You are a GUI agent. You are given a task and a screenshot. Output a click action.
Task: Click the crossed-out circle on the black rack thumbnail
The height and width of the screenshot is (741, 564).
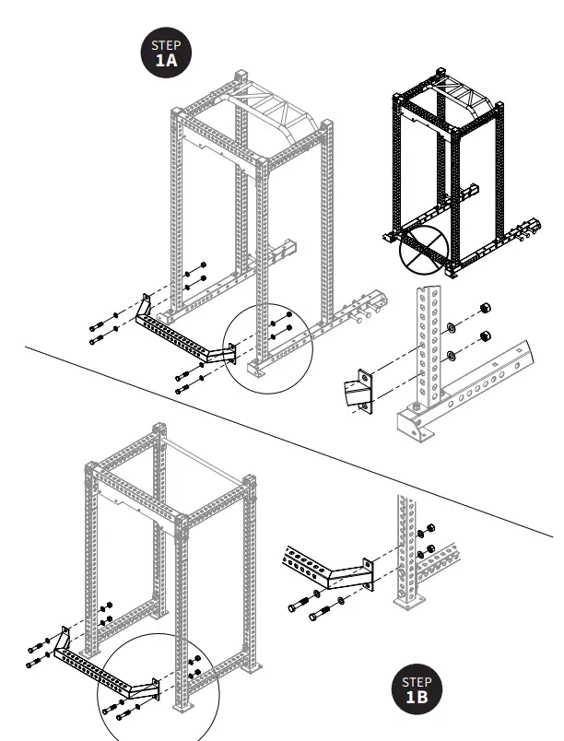422,249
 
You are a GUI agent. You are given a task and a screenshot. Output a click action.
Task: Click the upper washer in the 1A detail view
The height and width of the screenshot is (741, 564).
452,325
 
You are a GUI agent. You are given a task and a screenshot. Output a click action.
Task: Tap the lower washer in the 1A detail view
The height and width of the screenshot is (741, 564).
452,356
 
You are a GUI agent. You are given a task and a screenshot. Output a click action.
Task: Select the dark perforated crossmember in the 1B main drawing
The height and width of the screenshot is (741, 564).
101,669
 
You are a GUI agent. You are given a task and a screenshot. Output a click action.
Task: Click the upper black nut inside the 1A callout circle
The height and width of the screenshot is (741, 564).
289,313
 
